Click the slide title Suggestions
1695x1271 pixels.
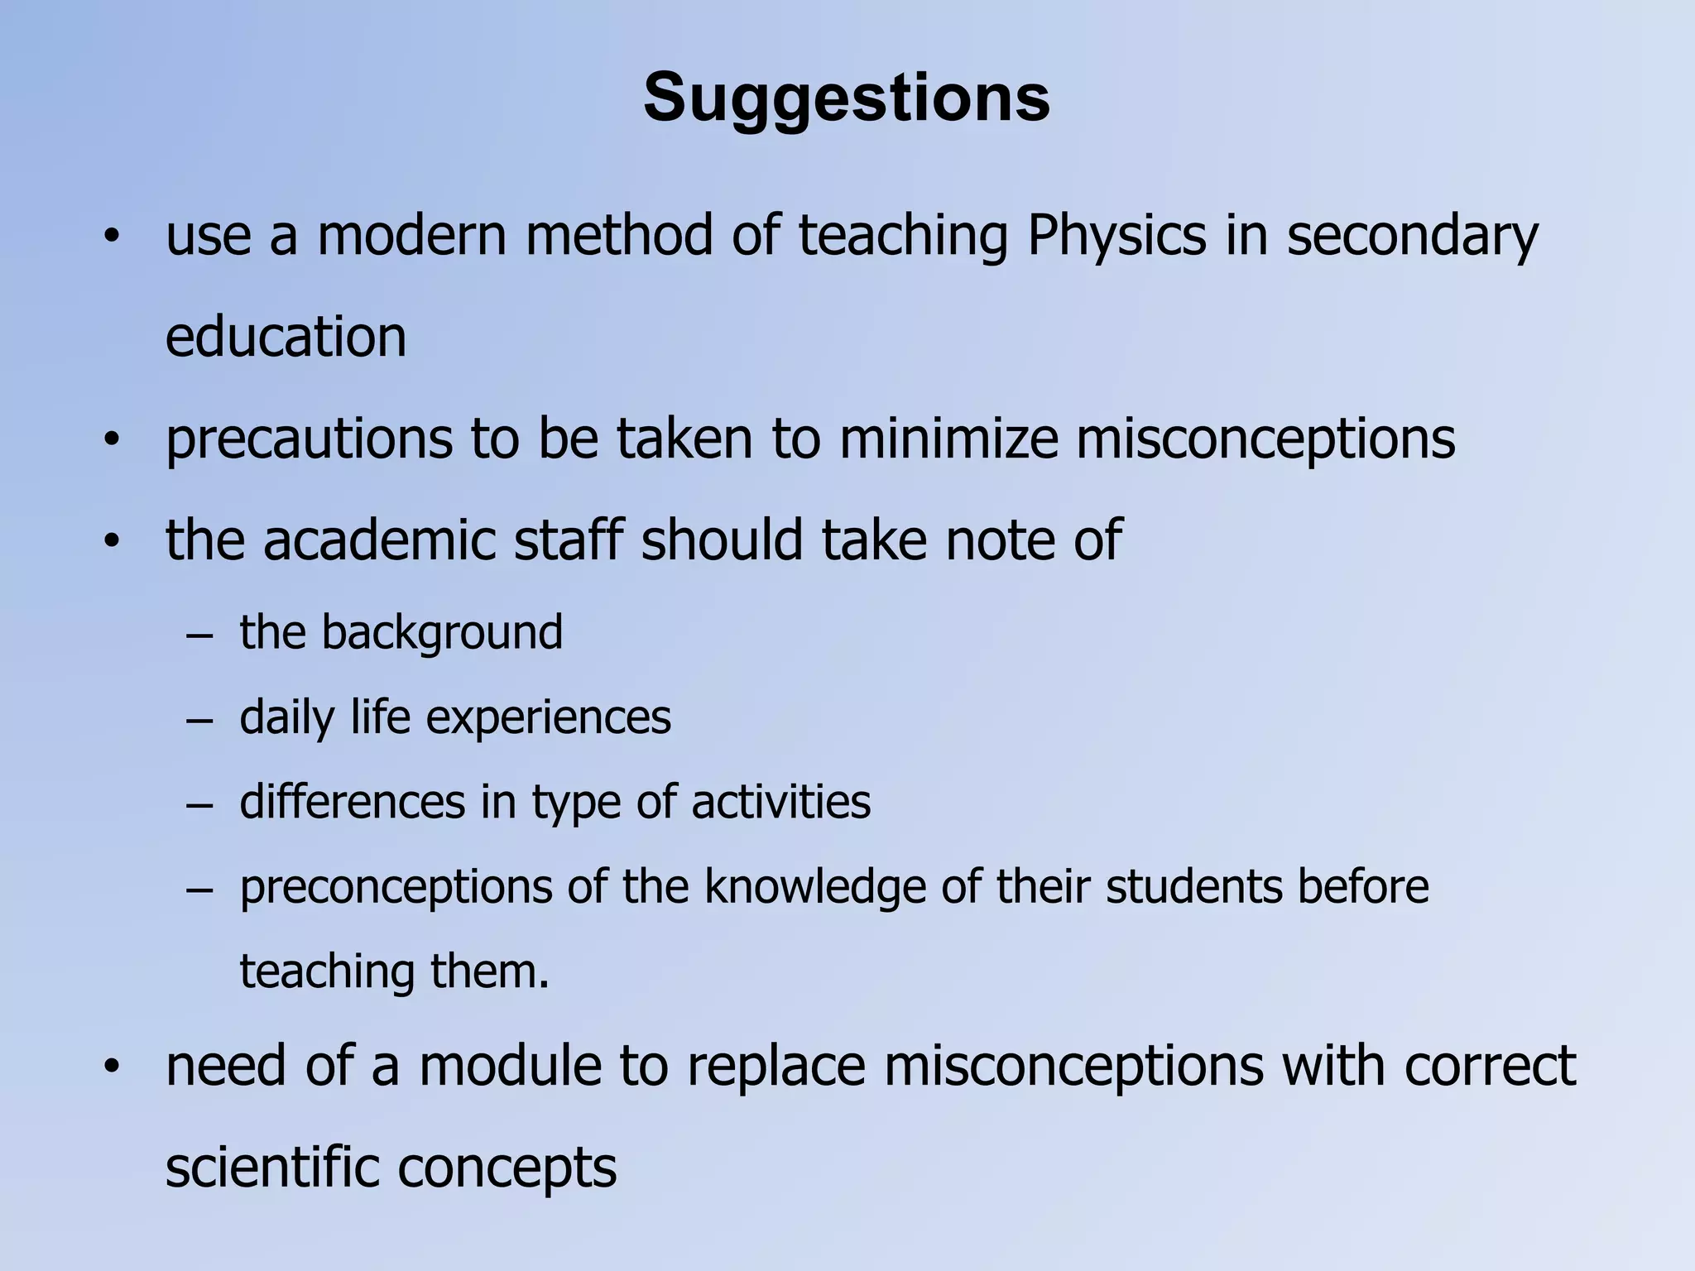[846, 98]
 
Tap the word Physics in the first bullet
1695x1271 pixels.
[1116, 237]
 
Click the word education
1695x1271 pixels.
[286, 337]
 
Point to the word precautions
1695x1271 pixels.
[309, 439]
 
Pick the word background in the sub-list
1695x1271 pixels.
[442, 634]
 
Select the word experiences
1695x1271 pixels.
[548, 718]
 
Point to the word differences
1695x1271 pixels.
[353, 802]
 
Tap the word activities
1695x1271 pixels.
[780, 802]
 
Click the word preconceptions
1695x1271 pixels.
[396, 888]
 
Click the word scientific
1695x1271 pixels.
[271, 1168]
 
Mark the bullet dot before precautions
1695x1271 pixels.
[112, 440]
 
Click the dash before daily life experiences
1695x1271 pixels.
[199, 721]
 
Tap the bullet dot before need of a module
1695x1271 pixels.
[112, 1067]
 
